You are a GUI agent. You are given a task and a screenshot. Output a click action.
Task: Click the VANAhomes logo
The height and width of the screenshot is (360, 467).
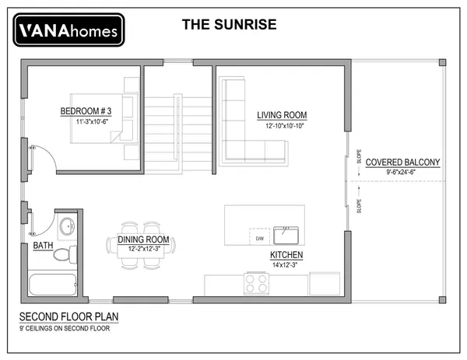[68, 30]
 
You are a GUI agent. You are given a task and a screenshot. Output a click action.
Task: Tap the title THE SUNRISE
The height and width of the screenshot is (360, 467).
[230, 25]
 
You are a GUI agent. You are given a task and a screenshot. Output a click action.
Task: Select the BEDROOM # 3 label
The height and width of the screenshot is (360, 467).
[86, 111]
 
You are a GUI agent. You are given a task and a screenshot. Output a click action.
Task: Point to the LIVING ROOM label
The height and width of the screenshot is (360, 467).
[282, 115]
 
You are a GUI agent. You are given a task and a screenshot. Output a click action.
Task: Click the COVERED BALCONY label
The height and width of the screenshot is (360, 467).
[402, 163]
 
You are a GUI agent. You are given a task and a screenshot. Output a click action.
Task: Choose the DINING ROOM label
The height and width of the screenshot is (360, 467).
[143, 239]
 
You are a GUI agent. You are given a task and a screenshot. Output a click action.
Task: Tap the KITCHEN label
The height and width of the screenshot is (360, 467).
[286, 255]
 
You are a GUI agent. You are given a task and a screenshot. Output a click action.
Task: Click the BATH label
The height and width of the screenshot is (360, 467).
[43, 246]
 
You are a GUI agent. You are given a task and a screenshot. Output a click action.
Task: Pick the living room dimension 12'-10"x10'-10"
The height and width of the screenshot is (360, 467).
[284, 126]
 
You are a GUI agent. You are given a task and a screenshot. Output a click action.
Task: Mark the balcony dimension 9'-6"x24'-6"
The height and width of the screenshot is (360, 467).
[401, 172]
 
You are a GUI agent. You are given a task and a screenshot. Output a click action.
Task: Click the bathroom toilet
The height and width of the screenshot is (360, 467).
[65, 254]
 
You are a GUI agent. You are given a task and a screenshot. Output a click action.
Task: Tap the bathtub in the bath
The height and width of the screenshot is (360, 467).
[53, 285]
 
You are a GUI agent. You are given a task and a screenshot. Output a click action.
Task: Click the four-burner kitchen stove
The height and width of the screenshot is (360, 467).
[256, 284]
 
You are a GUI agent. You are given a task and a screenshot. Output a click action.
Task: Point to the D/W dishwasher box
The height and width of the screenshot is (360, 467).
[260, 237]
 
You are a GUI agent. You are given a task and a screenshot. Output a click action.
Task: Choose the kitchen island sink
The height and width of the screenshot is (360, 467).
[286, 236]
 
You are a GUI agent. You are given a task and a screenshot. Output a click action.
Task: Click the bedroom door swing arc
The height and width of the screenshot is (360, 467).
[50, 153]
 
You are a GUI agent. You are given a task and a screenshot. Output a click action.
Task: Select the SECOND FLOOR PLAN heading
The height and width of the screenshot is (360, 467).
[68, 317]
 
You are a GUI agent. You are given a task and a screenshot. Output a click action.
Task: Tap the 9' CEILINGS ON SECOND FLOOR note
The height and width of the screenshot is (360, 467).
[65, 328]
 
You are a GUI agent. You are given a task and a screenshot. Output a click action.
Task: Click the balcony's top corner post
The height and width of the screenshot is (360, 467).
[442, 62]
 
